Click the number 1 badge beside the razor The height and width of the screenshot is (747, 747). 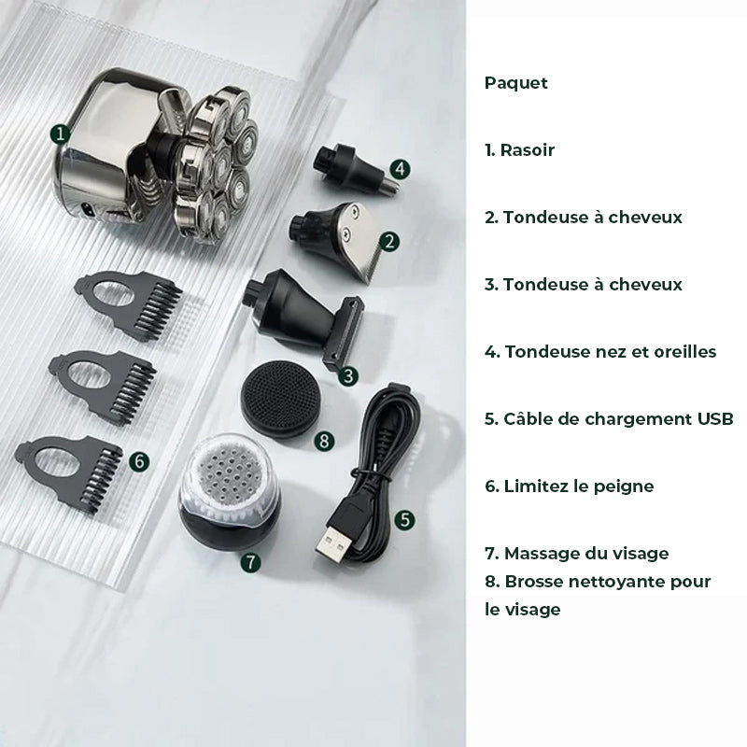(60, 134)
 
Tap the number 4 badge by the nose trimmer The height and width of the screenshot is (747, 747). (400, 169)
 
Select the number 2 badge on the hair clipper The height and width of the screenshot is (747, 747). (389, 242)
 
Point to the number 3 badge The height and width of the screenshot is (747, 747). (348, 376)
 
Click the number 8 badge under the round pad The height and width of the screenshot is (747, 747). (324, 441)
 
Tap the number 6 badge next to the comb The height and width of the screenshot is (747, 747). (139, 461)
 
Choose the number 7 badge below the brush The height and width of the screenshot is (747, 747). (250, 563)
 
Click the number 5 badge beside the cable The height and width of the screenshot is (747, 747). (404, 519)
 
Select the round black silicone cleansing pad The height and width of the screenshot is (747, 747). (280, 400)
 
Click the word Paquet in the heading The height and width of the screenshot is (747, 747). (516, 83)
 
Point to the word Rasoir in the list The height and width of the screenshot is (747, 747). (528, 150)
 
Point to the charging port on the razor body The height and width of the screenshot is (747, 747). (87, 209)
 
